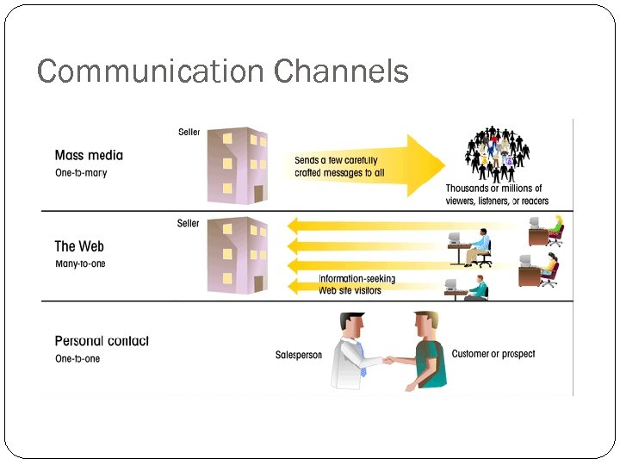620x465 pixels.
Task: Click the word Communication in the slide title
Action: [x=152, y=71]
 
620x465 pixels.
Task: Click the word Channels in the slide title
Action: [x=341, y=71]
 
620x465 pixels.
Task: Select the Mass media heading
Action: [x=89, y=156]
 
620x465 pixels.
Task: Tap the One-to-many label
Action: [x=81, y=173]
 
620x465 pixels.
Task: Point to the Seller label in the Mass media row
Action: [x=189, y=133]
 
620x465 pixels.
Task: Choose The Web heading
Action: [x=79, y=247]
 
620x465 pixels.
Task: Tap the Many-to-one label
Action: [x=80, y=263]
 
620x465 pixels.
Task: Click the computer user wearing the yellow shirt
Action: [x=554, y=229]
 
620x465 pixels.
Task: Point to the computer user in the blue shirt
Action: [x=479, y=246]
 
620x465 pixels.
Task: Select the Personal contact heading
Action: [x=102, y=341]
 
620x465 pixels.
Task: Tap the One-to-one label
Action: [x=77, y=358]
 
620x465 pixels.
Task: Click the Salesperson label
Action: [x=298, y=355]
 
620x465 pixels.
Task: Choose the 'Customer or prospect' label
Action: [x=493, y=354]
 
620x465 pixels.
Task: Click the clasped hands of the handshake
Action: [x=391, y=360]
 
